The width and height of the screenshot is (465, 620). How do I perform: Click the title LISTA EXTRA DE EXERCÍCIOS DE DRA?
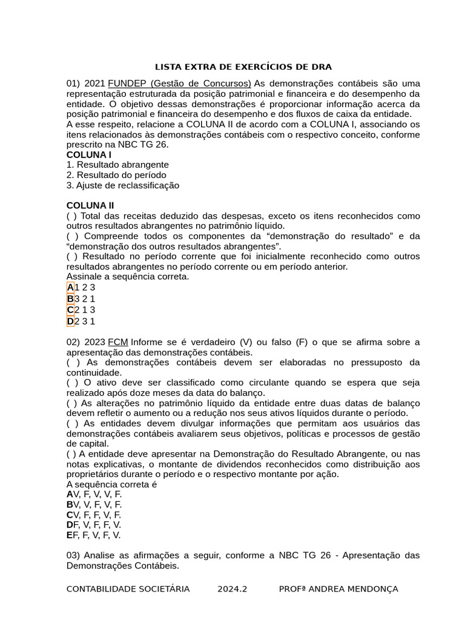pyautogui.click(x=243, y=67)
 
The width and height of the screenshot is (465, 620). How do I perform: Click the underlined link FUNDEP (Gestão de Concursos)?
pyautogui.click(x=179, y=83)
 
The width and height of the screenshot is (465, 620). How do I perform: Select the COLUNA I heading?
pyautogui.click(x=89, y=154)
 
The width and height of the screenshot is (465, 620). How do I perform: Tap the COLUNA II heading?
pyautogui.click(x=90, y=205)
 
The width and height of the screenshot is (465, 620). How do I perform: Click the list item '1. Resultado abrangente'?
pyautogui.click(x=117, y=165)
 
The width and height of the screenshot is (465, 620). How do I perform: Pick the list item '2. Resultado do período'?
pyautogui.click(x=116, y=175)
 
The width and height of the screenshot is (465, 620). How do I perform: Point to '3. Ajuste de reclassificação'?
pyautogui.click(x=123, y=185)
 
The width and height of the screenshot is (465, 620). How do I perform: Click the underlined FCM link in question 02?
pyautogui.click(x=118, y=342)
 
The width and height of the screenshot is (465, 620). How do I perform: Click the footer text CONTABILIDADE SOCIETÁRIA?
pyautogui.click(x=128, y=589)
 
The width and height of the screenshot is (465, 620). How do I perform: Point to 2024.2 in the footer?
pyautogui.click(x=232, y=589)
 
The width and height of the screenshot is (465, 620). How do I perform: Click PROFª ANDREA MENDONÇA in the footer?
pyautogui.click(x=338, y=589)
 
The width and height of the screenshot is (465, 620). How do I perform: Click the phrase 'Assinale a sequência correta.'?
pyautogui.click(x=128, y=277)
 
